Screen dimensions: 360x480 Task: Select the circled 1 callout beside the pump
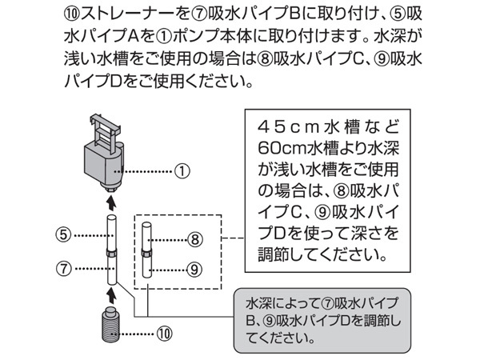coord(183,170)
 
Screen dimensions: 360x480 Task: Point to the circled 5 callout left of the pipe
coord(64,235)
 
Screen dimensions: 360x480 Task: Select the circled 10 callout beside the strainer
coord(164,332)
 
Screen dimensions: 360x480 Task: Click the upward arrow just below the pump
coord(112,203)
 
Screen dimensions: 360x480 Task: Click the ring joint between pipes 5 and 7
coord(112,254)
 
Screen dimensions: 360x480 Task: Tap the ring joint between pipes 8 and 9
coord(146,254)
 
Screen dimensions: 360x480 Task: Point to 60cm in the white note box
coord(277,150)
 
